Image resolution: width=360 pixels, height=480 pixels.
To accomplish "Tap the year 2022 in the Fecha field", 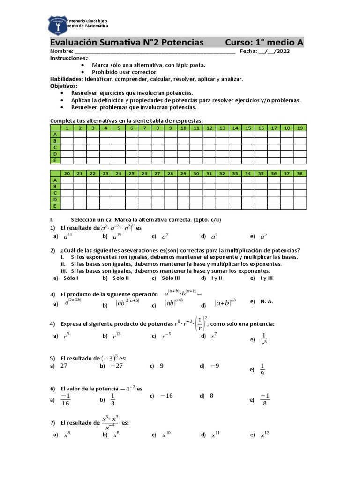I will pos(283,52).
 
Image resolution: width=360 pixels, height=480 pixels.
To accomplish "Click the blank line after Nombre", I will pos(155,52).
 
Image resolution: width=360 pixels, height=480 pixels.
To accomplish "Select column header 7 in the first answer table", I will pos(145,127).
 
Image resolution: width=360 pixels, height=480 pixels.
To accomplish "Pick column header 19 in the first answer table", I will pos(300,127).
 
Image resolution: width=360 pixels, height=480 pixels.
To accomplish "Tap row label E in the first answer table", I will pos(55,160).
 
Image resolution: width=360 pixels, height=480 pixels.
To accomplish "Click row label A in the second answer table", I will pos(55,180).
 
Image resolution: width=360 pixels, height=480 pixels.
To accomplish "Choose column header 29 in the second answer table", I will pos(183,173).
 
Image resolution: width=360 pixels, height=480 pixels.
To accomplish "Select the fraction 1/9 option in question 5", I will pos(262,369).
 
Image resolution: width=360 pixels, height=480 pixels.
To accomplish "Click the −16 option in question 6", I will pos(166,396).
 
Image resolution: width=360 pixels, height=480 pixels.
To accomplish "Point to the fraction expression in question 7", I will pos(111,422).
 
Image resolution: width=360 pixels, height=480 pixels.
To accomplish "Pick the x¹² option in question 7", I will pos(265,435).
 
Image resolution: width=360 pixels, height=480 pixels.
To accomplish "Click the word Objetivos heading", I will pos(64,86).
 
